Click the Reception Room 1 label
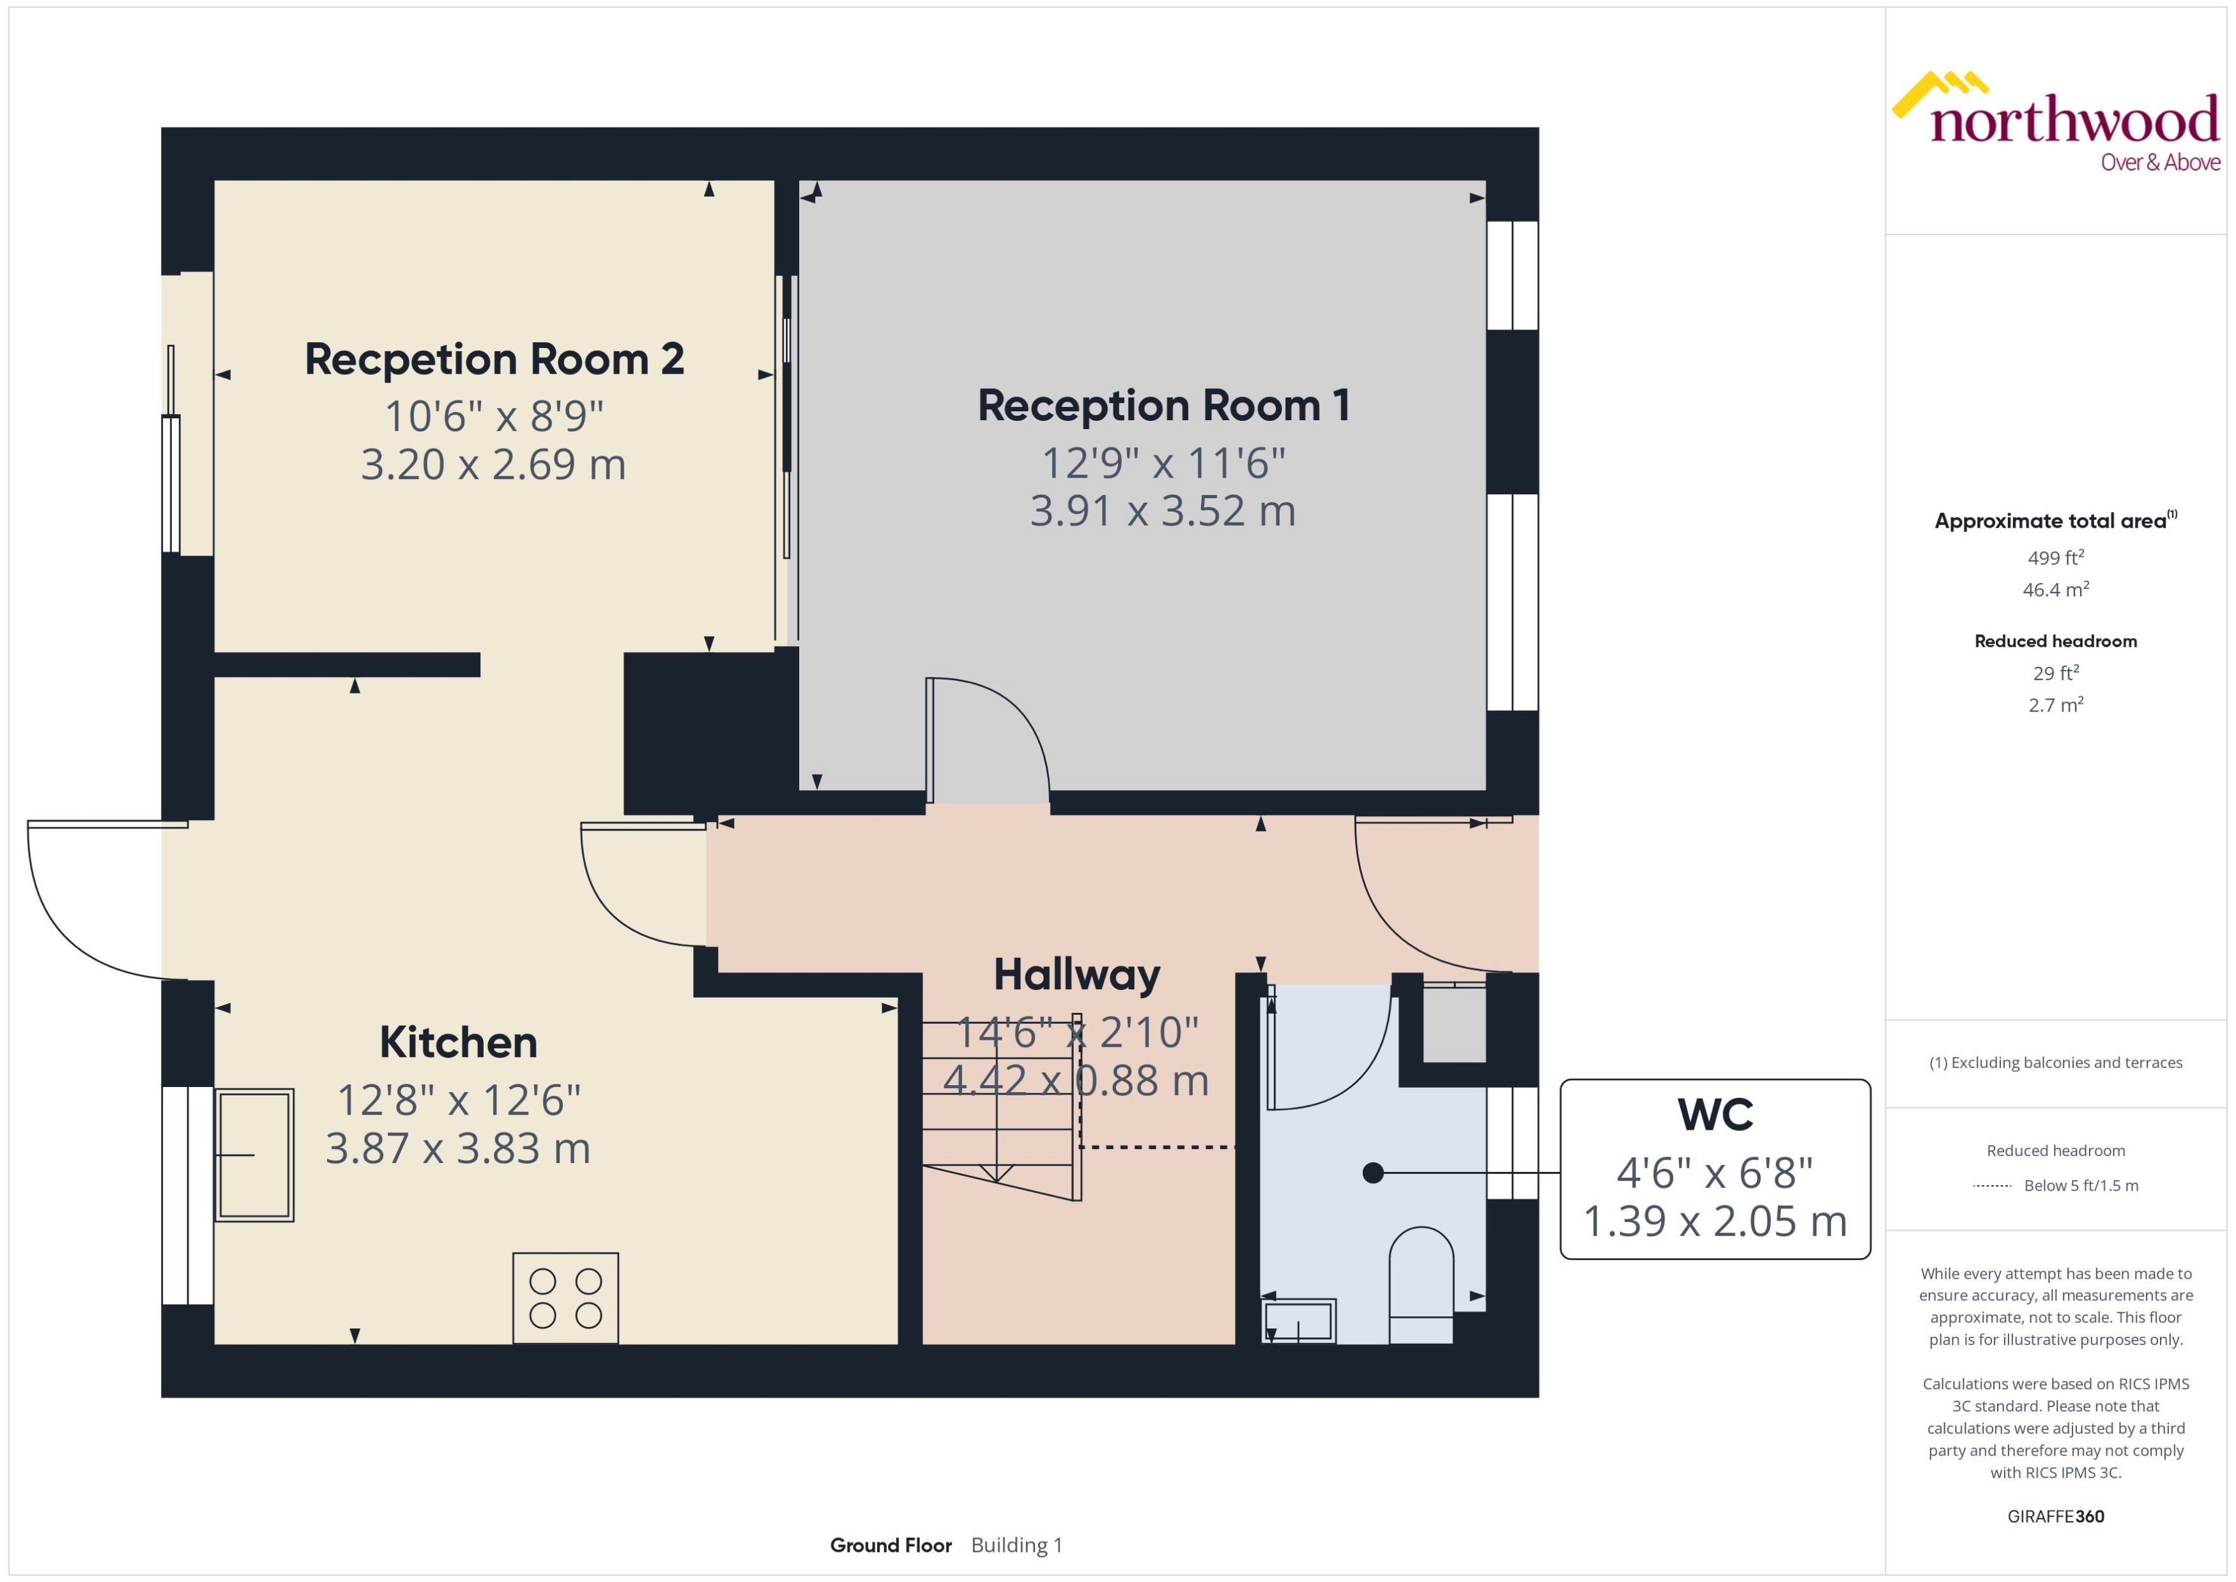point(1163,406)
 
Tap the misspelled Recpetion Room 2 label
point(494,360)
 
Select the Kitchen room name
point(458,1042)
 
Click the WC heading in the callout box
point(1715,1114)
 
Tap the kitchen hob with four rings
point(565,1298)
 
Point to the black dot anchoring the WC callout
point(1373,1173)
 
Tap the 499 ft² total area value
point(2056,558)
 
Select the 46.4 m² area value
point(2056,590)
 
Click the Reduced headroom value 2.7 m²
point(2056,705)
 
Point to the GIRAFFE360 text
point(2056,1517)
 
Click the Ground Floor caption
point(891,1545)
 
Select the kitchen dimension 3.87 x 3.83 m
point(458,1148)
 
